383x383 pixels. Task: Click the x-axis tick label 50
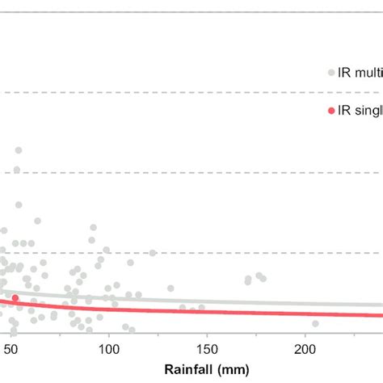click(x=11, y=348)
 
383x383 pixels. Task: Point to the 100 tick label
click(x=108, y=348)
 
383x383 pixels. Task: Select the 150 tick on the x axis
click(x=207, y=348)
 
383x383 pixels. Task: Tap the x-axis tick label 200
click(x=305, y=348)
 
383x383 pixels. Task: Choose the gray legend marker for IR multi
click(x=330, y=73)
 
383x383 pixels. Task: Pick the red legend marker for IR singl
click(x=330, y=112)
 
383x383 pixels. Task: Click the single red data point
click(x=15, y=298)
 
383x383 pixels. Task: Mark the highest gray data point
click(x=18, y=150)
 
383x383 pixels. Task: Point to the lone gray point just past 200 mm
click(x=315, y=323)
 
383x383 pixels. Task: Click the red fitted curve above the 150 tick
click(x=207, y=310)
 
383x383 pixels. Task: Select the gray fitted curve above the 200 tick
click(x=305, y=304)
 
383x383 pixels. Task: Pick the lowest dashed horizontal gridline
click(x=242, y=252)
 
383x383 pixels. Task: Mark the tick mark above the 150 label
click(x=207, y=337)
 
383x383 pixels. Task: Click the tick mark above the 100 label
click(x=108, y=337)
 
